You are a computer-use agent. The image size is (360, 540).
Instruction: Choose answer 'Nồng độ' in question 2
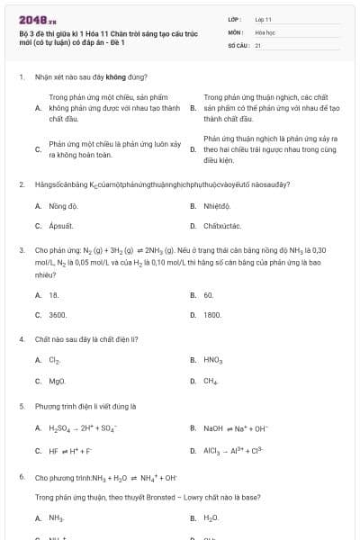tap(61, 206)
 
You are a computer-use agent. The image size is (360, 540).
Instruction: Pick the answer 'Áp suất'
tap(60, 226)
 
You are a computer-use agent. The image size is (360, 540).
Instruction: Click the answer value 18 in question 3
tap(54, 295)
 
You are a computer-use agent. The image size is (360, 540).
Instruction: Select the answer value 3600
tap(58, 315)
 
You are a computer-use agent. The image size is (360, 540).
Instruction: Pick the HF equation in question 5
tap(69, 449)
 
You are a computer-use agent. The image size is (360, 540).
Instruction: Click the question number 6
tap(21, 475)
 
